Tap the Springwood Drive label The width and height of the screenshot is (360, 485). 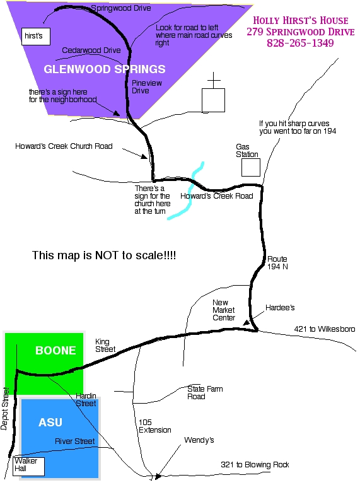tap(121, 8)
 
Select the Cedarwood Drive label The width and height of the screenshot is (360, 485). tap(91, 50)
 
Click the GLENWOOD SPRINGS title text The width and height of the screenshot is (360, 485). tap(105, 69)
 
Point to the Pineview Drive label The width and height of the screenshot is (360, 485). tap(147, 87)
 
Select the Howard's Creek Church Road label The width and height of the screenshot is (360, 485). tap(64, 146)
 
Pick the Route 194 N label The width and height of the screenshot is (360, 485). tap(277, 263)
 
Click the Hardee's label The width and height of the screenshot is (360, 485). tap(280, 308)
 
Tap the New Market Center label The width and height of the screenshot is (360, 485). tap(224, 310)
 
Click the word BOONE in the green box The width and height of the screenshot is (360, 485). tap(55, 351)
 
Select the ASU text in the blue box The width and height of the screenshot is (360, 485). tap(50, 423)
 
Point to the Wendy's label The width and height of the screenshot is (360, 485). tap(199, 440)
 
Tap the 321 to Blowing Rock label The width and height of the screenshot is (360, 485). tap(255, 465)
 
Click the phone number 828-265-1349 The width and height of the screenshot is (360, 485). tap(300, 43)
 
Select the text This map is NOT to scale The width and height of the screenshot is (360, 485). tap(104, 255)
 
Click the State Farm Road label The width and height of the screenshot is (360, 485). tap(205, 393)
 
